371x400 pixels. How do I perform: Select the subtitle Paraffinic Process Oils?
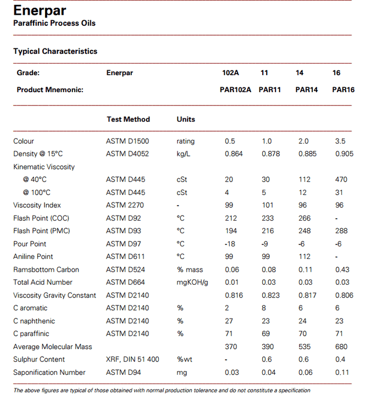[54, 23]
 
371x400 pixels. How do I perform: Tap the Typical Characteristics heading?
[55, 51]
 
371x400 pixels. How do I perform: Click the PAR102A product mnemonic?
[235, 89]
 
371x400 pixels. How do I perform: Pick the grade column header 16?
[336, 73]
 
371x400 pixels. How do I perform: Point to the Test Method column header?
[128, 119]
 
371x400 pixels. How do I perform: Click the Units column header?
[186, 119]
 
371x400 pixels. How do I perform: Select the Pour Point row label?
[30, 244]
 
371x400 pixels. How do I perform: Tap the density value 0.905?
[344, 154]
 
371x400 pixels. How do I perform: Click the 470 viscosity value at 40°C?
[340, 179]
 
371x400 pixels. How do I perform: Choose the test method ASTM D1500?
[128, 141]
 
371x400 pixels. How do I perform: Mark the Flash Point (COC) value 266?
[304, 218]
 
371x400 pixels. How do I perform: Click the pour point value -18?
[230, 244]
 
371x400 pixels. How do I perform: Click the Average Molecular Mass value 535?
[304, 346]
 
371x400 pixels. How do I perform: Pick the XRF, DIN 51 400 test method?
[132, 359]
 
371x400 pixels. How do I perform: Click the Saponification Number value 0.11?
[342, 372]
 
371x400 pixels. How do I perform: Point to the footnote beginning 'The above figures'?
[162, 390]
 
